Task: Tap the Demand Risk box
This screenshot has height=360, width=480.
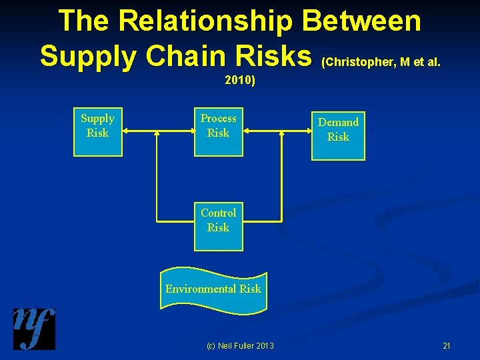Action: (x=338, y=136)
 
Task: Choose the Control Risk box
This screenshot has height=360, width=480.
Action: (x=219, y=227)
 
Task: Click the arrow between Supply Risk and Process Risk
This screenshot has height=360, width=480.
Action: (x=159, y=132)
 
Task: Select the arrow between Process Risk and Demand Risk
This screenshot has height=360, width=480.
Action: (x=278, y=132)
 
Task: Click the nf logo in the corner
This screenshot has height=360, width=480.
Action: (x=34, y=329)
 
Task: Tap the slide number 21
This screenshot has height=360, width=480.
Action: (x=446, y=345)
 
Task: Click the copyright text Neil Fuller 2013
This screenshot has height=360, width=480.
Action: (x=240, y=345)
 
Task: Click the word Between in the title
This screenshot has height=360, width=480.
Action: (x=361, y=21)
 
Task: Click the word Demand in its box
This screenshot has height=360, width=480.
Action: (x=338, y=122)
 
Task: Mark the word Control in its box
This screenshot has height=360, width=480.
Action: (x=219, y=213)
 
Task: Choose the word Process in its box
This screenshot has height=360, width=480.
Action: (x=219, y=118)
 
